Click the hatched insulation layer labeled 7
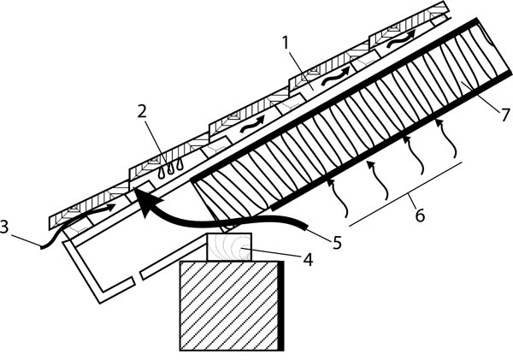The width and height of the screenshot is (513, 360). click(x=342, y=128)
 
